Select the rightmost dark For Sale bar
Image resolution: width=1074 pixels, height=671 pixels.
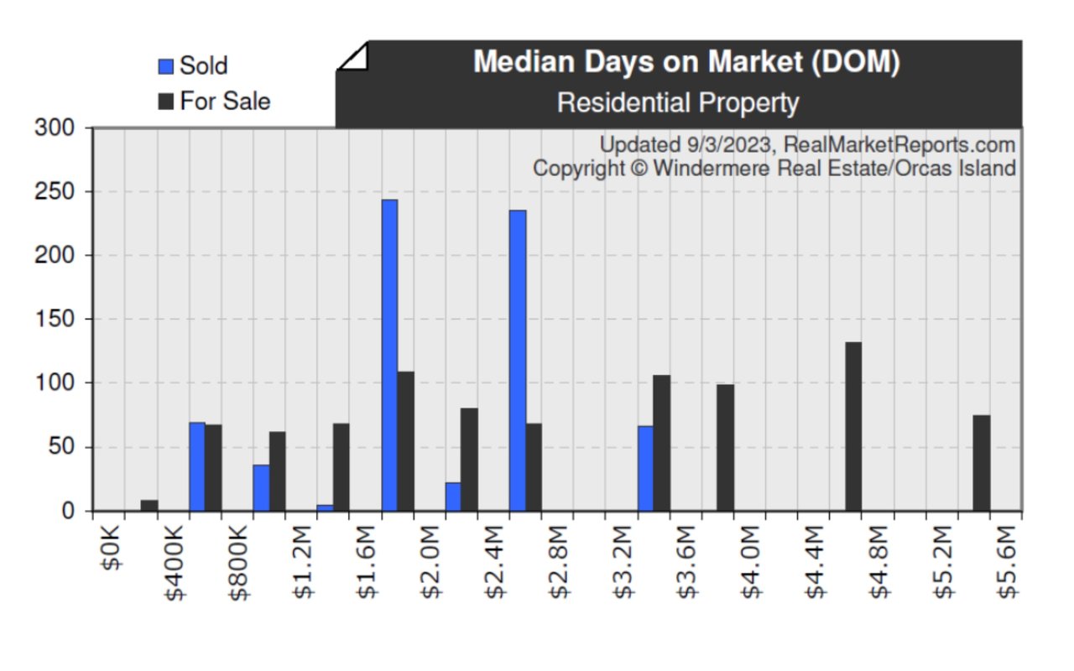click(982, 463)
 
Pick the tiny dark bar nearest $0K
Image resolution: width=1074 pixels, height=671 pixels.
click(149, 505)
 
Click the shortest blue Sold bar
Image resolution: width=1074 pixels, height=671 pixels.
click(325, 507)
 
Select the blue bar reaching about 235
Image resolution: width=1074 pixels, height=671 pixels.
click(518, 360)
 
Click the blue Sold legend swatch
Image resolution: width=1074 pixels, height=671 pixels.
click(166, 66)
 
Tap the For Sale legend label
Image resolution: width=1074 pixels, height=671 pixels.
click(225, 101)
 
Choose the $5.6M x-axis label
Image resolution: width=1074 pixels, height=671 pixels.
click(1008, 558)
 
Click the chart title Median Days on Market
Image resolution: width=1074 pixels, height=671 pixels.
click(686, 62)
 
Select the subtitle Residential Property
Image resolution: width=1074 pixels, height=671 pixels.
click(678, 103)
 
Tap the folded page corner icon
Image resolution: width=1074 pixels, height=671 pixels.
click(353, 59)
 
